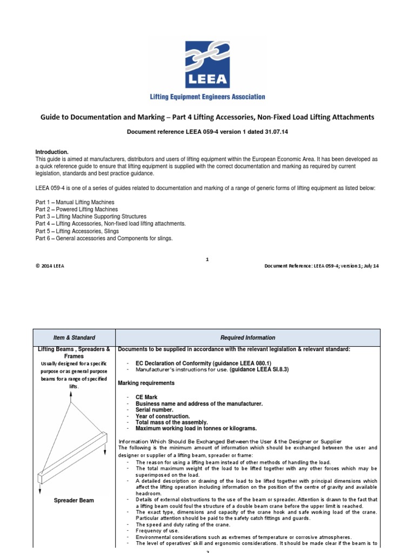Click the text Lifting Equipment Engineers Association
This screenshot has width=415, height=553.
point(207,97)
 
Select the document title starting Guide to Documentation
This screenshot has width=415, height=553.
point(207,117)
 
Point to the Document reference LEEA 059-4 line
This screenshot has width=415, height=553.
point(207,132)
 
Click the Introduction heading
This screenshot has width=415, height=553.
point(52,152)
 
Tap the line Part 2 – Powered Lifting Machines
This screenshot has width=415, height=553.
point(77,209)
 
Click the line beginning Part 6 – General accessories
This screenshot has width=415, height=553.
point(104,238)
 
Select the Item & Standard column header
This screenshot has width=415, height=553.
point(75,338)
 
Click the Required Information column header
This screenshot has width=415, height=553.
point(247,338)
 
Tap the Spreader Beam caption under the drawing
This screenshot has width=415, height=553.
point(75,501)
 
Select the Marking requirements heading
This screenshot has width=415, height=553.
point(146,383)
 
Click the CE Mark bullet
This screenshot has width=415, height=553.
point(148,396)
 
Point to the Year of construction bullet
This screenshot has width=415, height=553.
point(163,416)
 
